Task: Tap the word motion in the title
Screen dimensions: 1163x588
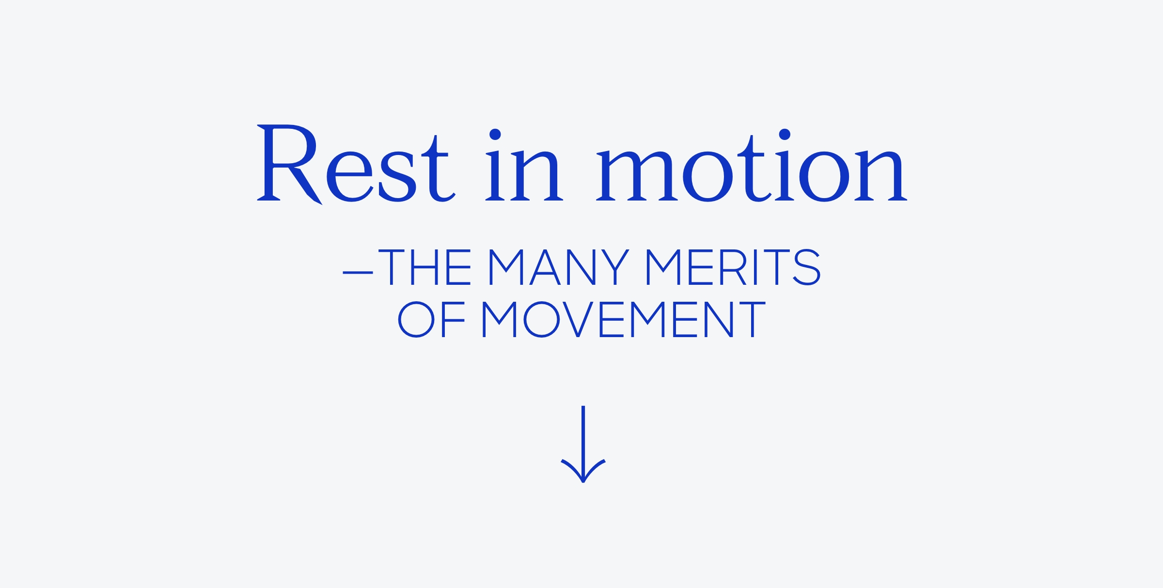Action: pos(751,165)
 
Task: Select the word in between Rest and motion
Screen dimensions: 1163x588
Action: pos(524,165)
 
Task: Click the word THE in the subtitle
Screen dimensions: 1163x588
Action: pos(424,267)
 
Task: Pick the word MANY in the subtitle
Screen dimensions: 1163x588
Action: pos(559,267)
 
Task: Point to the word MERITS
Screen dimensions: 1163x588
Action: pos(734,267)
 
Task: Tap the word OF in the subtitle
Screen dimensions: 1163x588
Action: pos(431,319)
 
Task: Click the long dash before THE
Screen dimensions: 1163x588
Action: pos(358,273)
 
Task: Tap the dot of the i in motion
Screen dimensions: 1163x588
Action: pos(785,134)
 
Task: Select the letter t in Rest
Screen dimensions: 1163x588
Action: pos(438,169)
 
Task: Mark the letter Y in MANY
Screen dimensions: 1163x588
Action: pos(615,267)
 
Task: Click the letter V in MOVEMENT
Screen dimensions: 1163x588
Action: pos(578,319)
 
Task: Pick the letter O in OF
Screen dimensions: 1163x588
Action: pos(416,319)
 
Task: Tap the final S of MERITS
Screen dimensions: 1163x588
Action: pos(806,267)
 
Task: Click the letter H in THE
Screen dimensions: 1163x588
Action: pos(424,267)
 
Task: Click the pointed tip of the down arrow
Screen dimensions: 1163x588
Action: pos(583,482)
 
